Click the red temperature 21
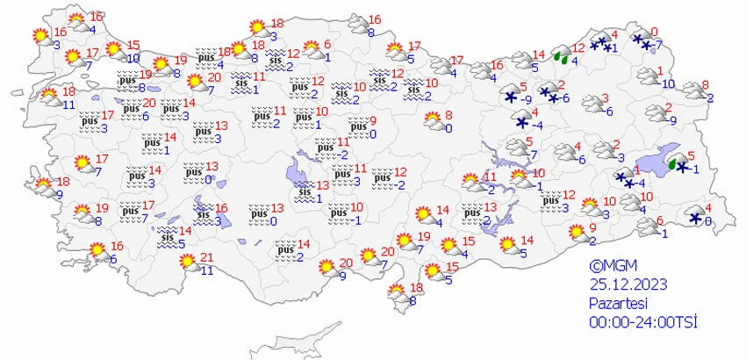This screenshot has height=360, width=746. pyautogui.click(x=207, y=256)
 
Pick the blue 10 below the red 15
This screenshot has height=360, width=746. pyautogui.click(x=132, y=58)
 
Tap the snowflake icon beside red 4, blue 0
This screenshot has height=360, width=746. pyautogui.click(x=696, y=217)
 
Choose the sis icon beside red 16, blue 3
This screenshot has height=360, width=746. pyautogui.click(x=203, y=212)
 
